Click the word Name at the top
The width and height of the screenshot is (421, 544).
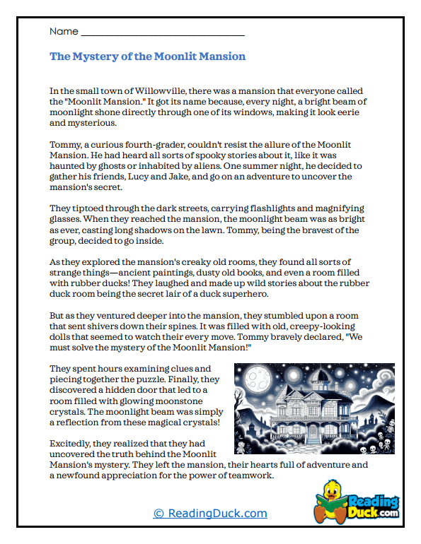coord(63,32)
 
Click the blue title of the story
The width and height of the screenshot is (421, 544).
coord(148,57)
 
